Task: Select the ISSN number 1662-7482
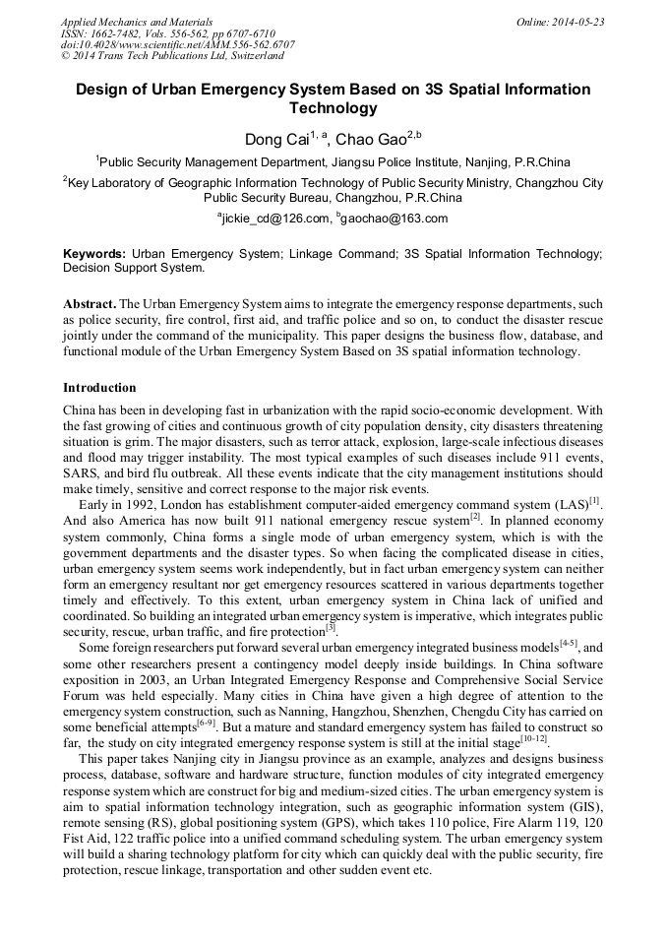(121, 32)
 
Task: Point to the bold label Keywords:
(93, 254)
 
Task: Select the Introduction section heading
(99, 388)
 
